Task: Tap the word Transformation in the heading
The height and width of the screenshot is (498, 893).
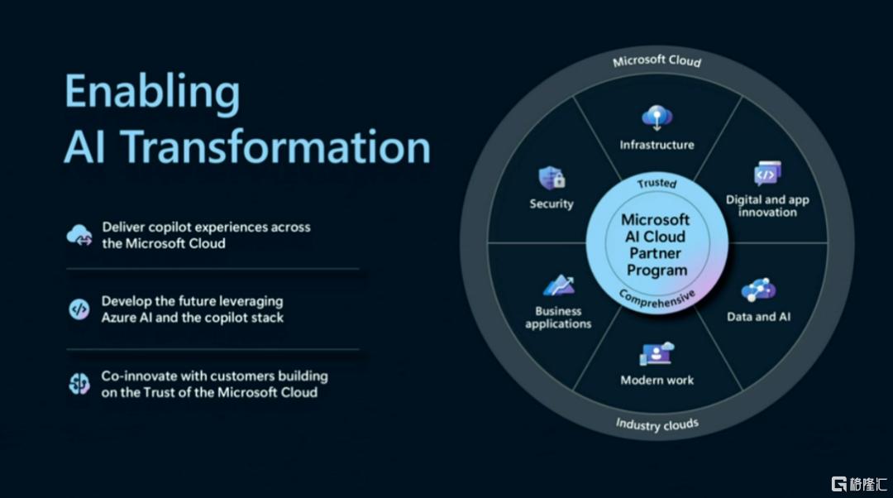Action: point(276,146)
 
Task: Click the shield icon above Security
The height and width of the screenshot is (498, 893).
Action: point(552,178)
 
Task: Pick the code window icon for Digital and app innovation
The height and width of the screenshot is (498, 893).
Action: point(767,174)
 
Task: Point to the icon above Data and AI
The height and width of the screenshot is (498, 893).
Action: point(758,290)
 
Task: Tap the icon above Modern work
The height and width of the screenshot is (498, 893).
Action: point(657,354)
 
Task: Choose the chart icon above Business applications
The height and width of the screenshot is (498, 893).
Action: point(558,285)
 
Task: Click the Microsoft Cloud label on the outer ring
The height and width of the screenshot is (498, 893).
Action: point(657,60)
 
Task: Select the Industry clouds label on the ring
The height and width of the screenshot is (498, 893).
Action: point(657,424)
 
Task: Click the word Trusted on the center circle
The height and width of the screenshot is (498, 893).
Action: point(657,183)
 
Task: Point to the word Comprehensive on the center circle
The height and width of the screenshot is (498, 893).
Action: point(657,299)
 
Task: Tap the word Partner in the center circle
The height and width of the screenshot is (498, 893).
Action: point(655,253)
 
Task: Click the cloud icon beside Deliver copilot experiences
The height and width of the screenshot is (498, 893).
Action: point(79,235)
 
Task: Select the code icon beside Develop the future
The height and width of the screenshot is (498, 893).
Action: point(79,309)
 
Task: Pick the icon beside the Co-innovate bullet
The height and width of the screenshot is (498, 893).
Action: point(79,384)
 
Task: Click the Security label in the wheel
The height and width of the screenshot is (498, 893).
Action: point(552,204)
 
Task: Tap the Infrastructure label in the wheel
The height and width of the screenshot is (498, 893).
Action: point(657,145)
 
